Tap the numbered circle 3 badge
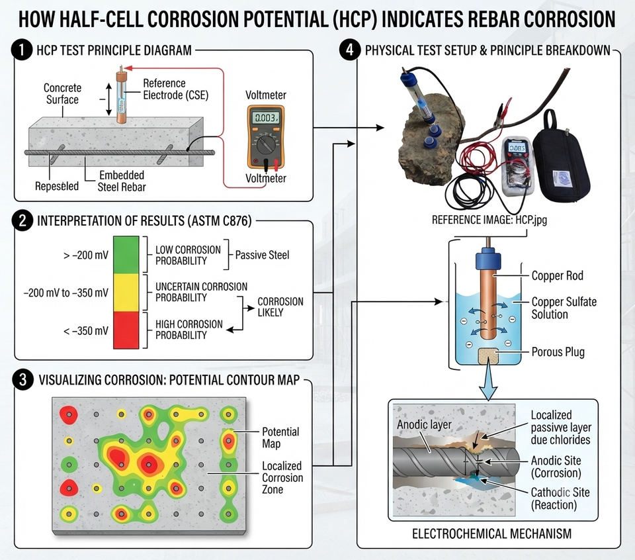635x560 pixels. coord(22,380)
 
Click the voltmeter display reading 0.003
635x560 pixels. coord(266,118)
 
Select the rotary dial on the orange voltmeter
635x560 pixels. coord(266,143)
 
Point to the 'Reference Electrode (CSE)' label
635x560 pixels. coord(176,89)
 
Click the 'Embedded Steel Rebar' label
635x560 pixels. coord(122,181)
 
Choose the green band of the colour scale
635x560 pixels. coord(126,255)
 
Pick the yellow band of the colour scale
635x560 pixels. coord(126,293)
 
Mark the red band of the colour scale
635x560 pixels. coord(126,330)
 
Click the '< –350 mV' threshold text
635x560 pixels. coord(86,331)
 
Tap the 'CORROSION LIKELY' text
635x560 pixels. coord(280,306)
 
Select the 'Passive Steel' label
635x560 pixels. coord(262,255)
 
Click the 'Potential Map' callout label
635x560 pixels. coord(280,438)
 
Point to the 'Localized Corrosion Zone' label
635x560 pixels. coord(282,477)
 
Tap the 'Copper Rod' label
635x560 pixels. coord(557,275)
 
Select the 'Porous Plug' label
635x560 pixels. coord(558,351)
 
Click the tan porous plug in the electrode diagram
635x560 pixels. coord(488,355)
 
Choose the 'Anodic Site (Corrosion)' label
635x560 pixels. coord(556,467)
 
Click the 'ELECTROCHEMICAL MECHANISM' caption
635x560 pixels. coord(491,534)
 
